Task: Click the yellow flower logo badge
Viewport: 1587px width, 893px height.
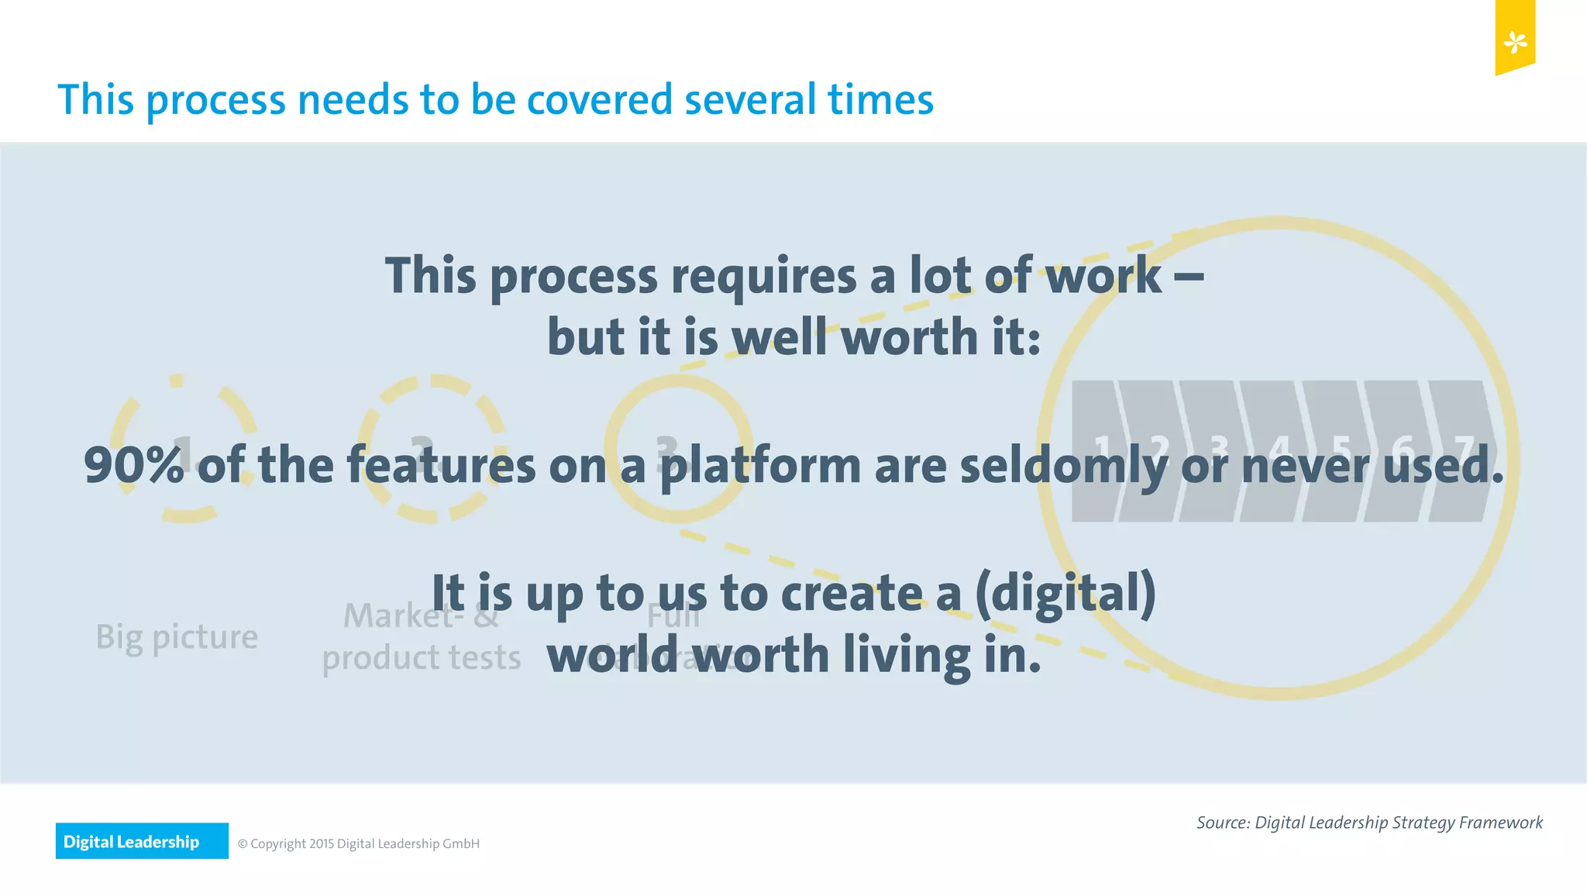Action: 1515,40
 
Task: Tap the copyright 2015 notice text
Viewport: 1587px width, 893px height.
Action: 359,843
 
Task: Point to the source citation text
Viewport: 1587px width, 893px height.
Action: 1369,822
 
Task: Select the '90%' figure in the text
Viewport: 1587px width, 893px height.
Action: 133,465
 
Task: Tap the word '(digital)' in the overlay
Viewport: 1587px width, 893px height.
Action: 1065,594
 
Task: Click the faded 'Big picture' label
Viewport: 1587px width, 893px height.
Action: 177,637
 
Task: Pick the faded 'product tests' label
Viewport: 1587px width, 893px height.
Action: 421,658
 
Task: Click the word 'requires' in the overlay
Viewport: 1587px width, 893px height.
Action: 763,277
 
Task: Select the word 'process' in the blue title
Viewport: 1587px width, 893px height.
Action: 216,102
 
